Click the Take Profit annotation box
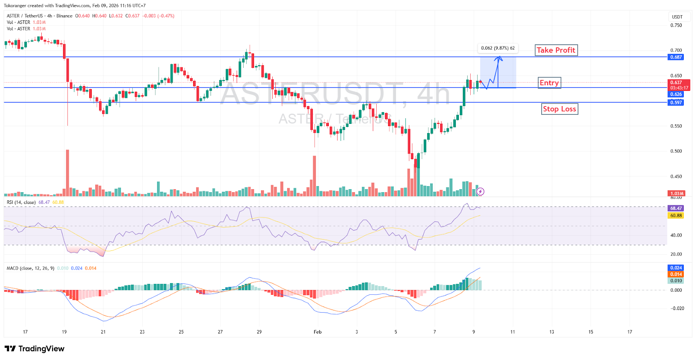(x=556, y=50)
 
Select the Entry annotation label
(x=549, y=83)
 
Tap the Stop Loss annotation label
(x=559, y=109)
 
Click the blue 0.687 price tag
(x=676, y=57)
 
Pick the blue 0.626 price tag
(x=676, y=94)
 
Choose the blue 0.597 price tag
(x=676, y=103)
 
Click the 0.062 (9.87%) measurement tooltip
(x=498, y=48)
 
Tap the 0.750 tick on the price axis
(x=676, y=25)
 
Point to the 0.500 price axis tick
(x=676, y=151)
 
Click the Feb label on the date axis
(x=318, y=332)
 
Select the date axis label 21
(x=103, y=332)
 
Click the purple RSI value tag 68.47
(x=676, y=208)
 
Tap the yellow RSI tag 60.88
(x=676, y=216)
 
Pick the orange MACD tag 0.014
(x=676, y=274)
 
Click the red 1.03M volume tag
(x=676, y=193)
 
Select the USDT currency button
(x=677, y=17)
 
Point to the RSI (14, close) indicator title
(x=21, y=202)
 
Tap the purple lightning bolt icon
(x=480, y=191)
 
